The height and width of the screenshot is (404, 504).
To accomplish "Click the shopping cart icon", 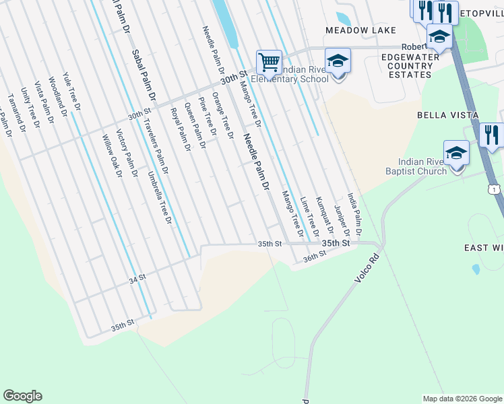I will pyautogui.click(x=269, y=62).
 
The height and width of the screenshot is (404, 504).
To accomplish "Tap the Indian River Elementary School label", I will pyautogui.click(x=290, y=74).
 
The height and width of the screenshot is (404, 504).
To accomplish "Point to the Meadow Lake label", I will pyautogui.click(x=357, y=30).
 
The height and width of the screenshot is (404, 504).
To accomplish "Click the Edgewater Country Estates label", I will pyautogui.click(x=406, y=66).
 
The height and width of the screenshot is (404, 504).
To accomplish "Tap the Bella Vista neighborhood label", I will pyautogui.click(x=447, y=115).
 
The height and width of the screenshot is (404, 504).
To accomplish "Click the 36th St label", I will pyautogui.click(x=315, y=255).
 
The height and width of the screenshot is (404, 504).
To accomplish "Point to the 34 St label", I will pyautogui.click(x=137, y=277).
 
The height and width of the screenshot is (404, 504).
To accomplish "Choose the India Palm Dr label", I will pyautogui.click(x=354, y=215).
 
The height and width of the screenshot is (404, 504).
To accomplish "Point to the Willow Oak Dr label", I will pyautogui.click(x=111, y=156).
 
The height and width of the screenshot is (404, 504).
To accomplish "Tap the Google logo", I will pyautogui.click(x=23, y=396).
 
